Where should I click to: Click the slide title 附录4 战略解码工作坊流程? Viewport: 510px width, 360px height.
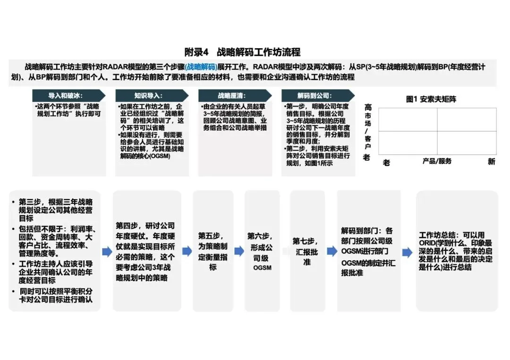click(242, 52)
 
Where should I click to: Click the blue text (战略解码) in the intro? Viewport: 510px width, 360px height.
click(200, 67)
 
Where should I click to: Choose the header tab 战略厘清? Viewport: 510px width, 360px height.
click(231, 95)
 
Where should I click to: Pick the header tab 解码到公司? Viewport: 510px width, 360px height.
click(314, 95)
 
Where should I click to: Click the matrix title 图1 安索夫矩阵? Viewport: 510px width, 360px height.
click(431, 99)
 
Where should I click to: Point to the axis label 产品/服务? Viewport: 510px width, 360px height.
click(437, 161)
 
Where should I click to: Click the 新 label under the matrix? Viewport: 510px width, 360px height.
click(491, 162)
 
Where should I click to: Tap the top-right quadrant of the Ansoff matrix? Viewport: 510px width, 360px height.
click(467, 119)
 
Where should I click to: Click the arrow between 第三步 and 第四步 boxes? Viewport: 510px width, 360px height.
click(107, 251)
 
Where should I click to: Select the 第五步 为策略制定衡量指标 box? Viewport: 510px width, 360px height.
click(213, 251)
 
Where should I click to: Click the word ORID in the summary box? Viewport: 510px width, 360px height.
click(428, 243)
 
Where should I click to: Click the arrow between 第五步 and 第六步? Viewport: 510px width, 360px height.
click(239, 251)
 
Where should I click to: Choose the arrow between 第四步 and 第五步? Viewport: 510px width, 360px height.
click(187, 251)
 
